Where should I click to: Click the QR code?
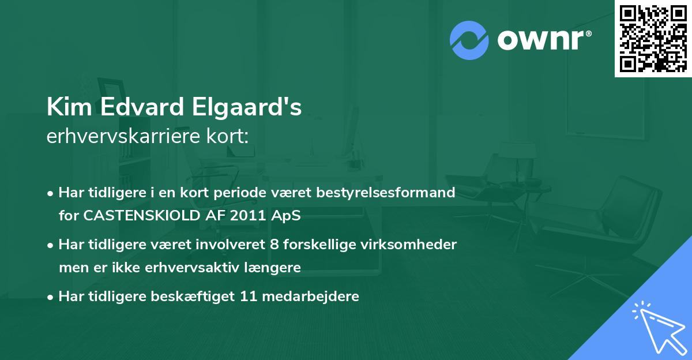(x=653, y=38)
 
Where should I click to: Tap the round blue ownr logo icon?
(x=469, y=40)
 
